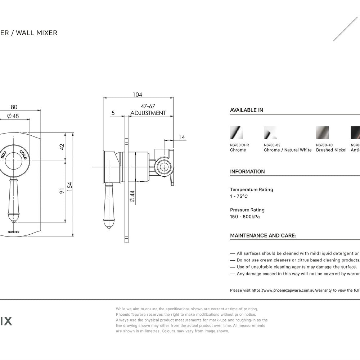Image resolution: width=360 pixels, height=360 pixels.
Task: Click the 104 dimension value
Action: (137, 95)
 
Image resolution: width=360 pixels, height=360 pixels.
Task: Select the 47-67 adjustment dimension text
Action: (148, 107)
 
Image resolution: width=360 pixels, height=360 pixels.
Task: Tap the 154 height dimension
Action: (70, 185)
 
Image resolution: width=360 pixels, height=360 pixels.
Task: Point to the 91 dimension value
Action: (62, 191)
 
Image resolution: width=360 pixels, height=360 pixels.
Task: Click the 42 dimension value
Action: (62, 147)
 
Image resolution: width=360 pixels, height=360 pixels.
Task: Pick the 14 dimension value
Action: (181, 137)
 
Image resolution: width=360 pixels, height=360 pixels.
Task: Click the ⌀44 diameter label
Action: (132, 196)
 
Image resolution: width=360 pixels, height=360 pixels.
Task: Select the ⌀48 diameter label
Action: (13, 116)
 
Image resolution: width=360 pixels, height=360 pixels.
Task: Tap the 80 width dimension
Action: (14, 107)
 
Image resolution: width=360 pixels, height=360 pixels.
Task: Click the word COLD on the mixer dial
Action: (23, 155)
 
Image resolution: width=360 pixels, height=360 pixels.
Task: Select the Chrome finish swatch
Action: (236, 132)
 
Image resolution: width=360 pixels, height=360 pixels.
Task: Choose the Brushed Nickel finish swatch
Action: (322, 132)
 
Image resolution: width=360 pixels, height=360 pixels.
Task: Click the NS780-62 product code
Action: (272, 145)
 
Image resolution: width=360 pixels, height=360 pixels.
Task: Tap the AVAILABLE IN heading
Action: (247, 110)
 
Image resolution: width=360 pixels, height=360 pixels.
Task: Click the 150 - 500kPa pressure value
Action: (245, 217)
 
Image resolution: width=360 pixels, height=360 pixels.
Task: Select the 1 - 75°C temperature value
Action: (239, 196)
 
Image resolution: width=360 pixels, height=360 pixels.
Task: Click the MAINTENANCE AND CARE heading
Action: (263, 235)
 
